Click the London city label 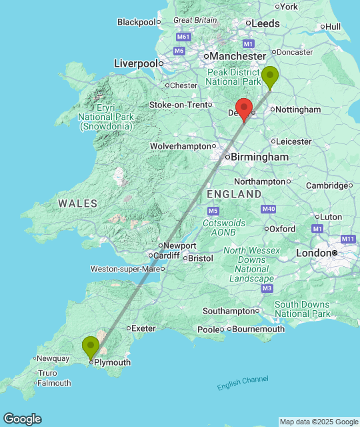[313, 253]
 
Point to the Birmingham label [260, 157]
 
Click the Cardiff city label [167, 256]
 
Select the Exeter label [143, 328]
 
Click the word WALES [77, 203]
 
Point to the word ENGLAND [234, 194]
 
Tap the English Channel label [243, 383]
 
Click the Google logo [21, 419]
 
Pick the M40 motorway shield [269, 209]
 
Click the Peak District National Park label [233, 77]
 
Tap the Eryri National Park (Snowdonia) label [107, 117]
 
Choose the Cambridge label [326, 185]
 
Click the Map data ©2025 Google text [318, 422]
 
